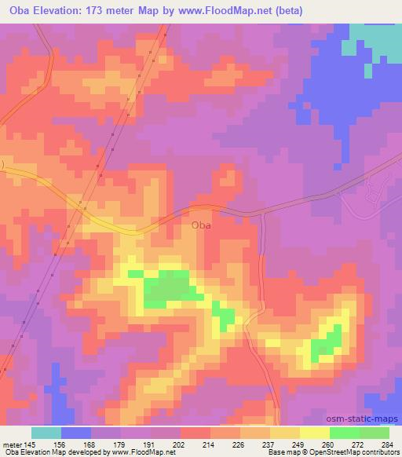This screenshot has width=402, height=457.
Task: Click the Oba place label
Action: (x=201, y=225)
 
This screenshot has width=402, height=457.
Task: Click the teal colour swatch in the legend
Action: (x=46, y=433)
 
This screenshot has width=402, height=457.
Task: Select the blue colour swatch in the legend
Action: (x=75, y=433)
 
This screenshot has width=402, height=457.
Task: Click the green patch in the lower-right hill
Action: (x=326, y=342)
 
